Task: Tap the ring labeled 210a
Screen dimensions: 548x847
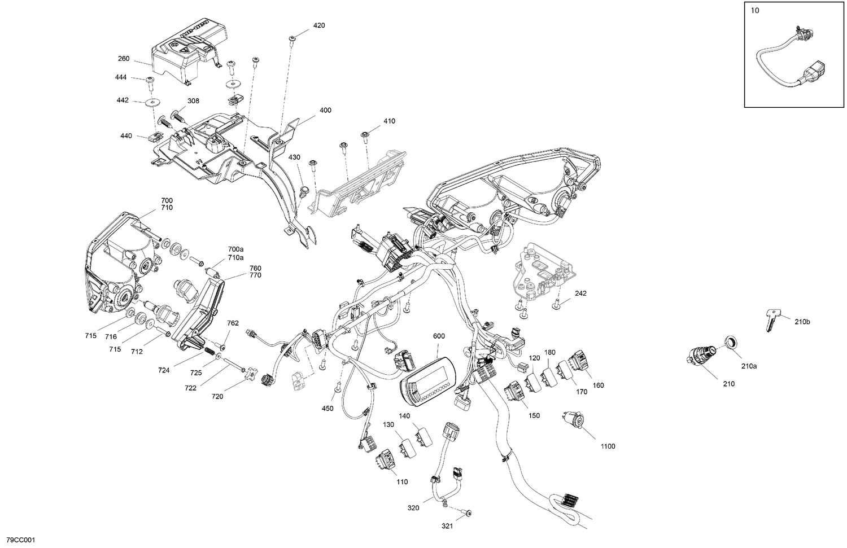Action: [731, 343]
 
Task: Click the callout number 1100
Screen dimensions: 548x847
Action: [608, 446]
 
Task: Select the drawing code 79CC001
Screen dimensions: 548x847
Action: [19, 540]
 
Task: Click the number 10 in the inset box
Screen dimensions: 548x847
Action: [755, 11]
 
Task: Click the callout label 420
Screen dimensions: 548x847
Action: [319, 25]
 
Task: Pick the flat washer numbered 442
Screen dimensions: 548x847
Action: [151, 103]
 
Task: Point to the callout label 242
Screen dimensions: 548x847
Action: [580, 293]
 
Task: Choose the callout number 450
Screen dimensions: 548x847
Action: [328, 408]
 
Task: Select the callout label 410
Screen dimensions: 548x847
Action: [389, 121]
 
